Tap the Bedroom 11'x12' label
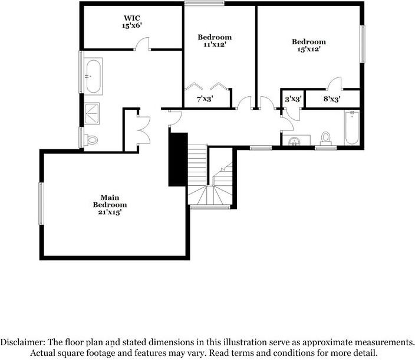click(x=214, y=41)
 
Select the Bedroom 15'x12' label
click(x=309, y=45)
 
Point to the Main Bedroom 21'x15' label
click(x=110, y=204)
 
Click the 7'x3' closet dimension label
click(x=205, y=99)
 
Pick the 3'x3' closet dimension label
click(x=293, y=99)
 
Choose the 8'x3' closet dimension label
click(x=331, y=99)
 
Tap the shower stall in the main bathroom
click(x=92, y=113)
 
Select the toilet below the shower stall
click(x=90, y=140)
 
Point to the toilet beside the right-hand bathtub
click(x=325, y=138)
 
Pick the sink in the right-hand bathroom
click(x=293, y=140)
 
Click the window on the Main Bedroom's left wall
click(x=41, y=203)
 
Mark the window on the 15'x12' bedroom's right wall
click(x=363, y=43)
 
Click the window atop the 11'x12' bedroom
click(x=204, y=4)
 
